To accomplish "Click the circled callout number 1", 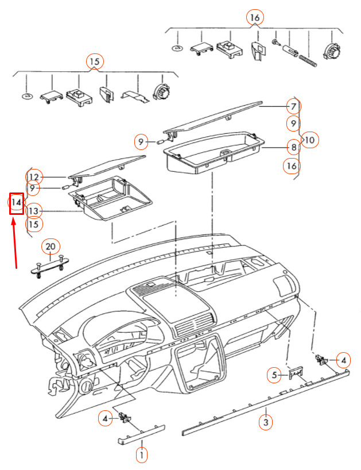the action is pyautogui.click(x=142, y=455).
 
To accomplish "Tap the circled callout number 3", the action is pyautogui.click(x=266, y=422).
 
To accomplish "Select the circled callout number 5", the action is pyautogui.click(x=274, y=375).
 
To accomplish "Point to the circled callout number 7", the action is pyautogui.click(x=293, y=106).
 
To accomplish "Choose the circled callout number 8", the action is pyautogui.click(x=293, y=147).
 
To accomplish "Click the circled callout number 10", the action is pyautogui.click(x=310, y=140).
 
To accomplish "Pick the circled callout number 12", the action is pyautogui.click(x=34, y=177).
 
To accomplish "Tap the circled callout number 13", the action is pyautogui.click(x=34, y=211).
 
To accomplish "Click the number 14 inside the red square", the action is pyautogui.click(x=16, y=203).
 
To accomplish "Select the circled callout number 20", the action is pyautogui.click(x=51, y=246).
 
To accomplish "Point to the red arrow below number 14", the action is pyautogui.click(x=14, y=244).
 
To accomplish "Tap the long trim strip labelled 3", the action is pyautogui.click(x=266, y=396).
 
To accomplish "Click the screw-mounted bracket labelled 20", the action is pyautogui.click(x=51, y=266).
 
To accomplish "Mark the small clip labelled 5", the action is pyautogui.click(x=296, y=375).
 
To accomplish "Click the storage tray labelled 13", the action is pyautogui.click(x=110, y=198).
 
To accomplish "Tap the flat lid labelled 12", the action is pyautogui.click(x=107, y=167).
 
